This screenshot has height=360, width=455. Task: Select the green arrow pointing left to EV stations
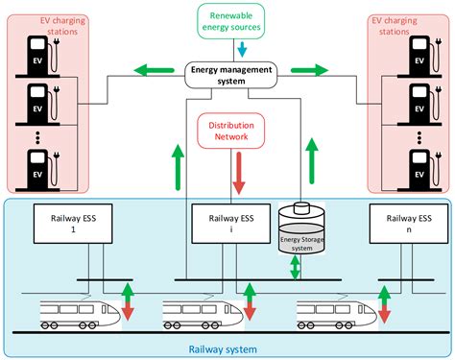tap(151, 69)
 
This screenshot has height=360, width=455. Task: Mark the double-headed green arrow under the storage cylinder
tap(296, 268)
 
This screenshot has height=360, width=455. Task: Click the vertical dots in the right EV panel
tap(419, 137)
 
